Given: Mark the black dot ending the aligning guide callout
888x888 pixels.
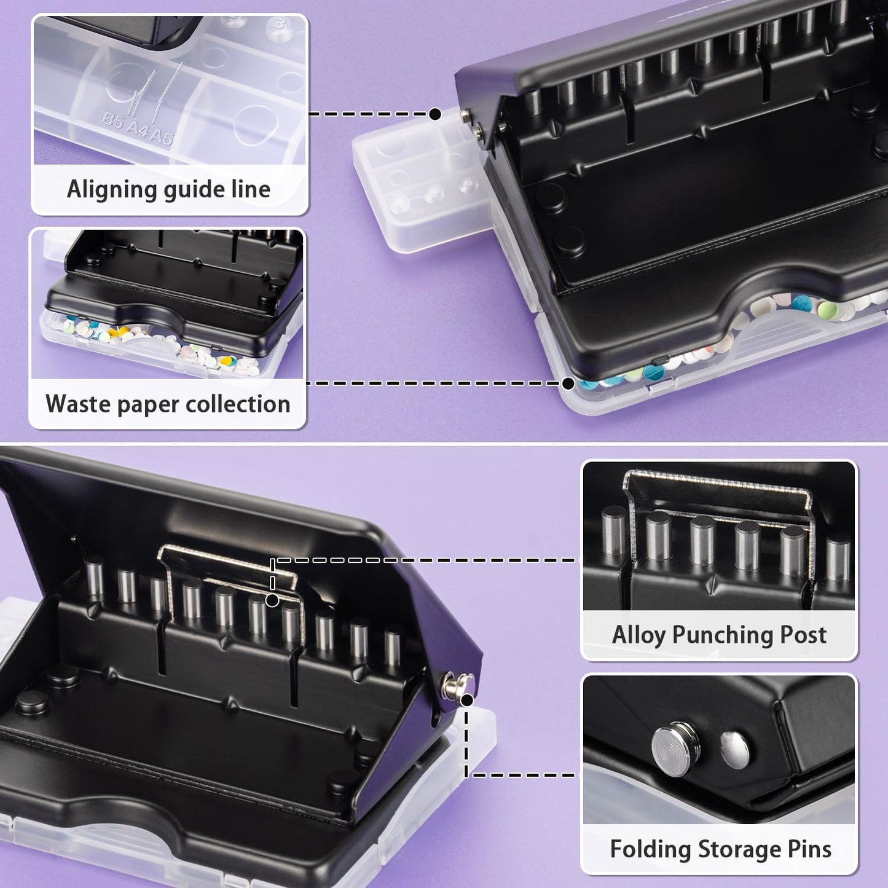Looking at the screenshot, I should (435, 114).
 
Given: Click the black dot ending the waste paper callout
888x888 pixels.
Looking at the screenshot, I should (568, 383).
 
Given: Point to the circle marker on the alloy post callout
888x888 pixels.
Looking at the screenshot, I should (272, 600).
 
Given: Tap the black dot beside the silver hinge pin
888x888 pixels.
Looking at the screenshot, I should (466, 699).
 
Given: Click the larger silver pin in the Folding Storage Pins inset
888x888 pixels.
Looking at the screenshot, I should (672, 747).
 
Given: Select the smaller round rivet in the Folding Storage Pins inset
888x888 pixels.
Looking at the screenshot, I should (735, 750).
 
